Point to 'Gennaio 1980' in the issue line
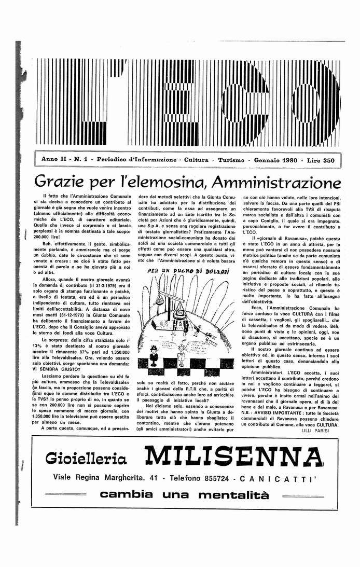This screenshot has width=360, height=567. coord(276,160)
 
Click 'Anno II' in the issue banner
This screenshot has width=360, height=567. coord(53,160)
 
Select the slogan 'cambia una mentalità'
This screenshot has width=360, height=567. coord(184,494)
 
